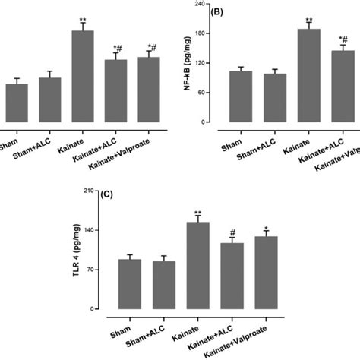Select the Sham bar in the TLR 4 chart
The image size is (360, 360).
[130, 285]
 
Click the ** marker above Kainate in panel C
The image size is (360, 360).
[197, 213]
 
